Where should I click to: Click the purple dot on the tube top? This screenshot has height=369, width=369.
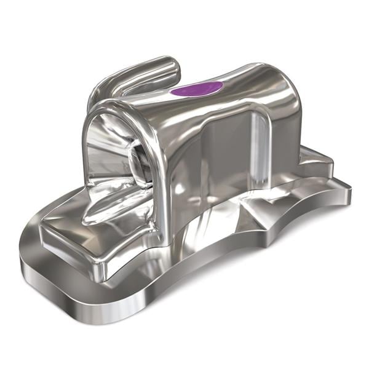pos(197,89)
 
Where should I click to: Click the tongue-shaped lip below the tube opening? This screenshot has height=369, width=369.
pos(114,206)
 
